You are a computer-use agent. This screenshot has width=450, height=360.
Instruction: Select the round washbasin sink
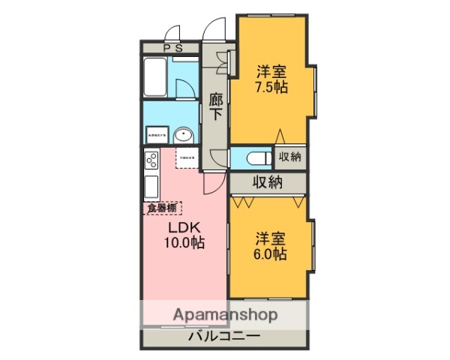[x=184, y=135]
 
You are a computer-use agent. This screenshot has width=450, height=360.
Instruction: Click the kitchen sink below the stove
[x=151, y=186]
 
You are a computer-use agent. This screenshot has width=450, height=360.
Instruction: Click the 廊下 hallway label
[x=216, y=107]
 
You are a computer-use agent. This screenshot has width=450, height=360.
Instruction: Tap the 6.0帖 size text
[x=270, y=254]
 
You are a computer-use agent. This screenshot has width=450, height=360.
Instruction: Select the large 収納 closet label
[x=268, y=181]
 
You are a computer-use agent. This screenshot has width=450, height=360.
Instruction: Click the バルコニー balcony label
[x=224, y=337]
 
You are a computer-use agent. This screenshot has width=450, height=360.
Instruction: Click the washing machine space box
[x=157, y=134]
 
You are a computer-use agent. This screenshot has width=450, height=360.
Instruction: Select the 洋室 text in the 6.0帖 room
[x=270, y=239]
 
